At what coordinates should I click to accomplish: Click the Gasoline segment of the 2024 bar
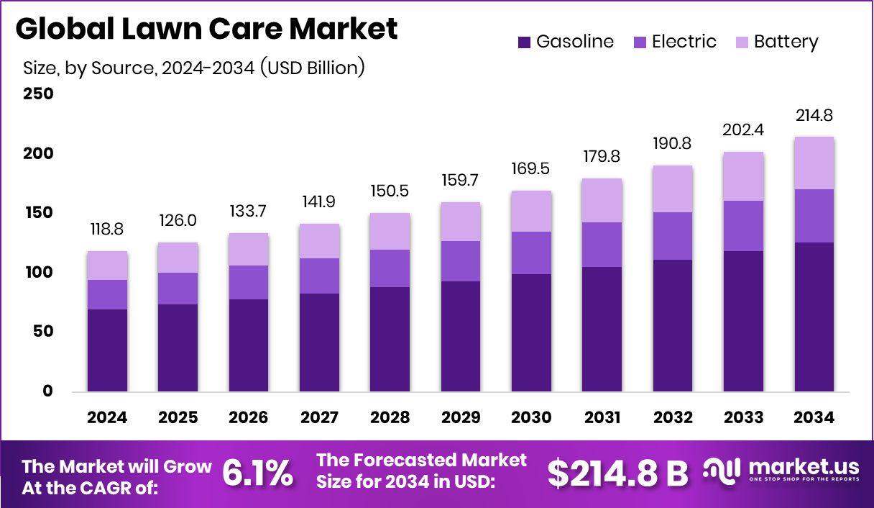click(x=107, y=350)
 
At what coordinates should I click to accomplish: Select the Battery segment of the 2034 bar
click(x=814, y=163)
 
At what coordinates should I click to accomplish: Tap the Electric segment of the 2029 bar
click(x=461, y=261)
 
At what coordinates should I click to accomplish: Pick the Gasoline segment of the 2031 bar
click(x=602, y=330)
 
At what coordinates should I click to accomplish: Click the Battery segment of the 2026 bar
click(x=249, y=250)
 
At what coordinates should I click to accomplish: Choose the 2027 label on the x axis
click(x=319, y=418)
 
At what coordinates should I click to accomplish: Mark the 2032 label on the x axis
click(x=672, y=418)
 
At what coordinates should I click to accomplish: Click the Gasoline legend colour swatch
click(x=525, y=42)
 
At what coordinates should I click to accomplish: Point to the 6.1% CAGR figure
click(x=257, y=473)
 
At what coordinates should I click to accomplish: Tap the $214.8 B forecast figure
click(x=617, y=473)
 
